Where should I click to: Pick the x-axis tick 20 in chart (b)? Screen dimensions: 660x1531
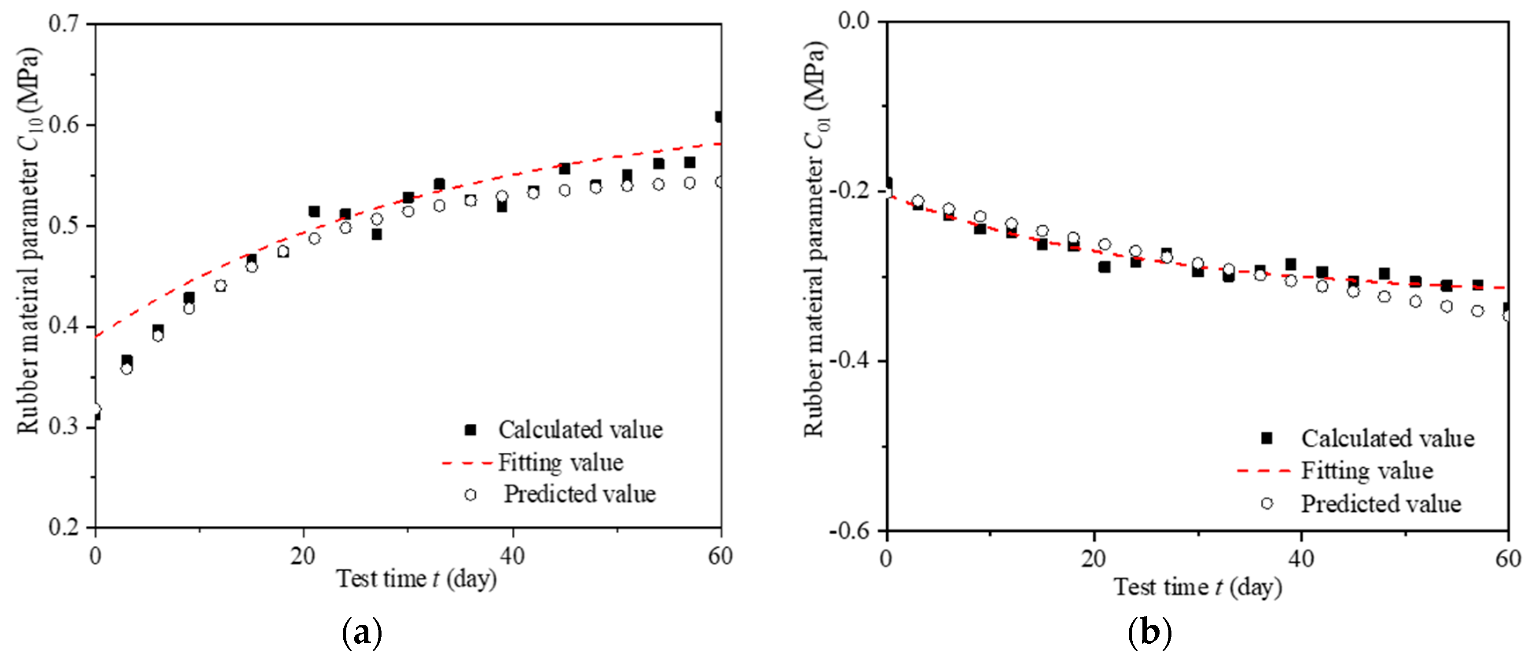pyautogui.click(x=1093, y=559)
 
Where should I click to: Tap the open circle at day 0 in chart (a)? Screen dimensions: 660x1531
pyautogui.click(x=95, y=409)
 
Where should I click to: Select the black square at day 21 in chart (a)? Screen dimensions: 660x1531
pyautogui.click(x=314, y=212)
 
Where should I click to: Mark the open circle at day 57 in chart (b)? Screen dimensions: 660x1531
pyautogui.click(x=1477, y=311)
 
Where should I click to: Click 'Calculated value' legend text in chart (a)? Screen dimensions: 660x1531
pyautogui.click(x=580, y=430)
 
